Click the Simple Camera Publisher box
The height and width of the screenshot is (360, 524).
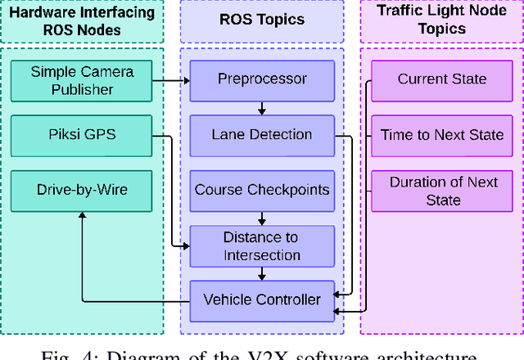pos(82,80)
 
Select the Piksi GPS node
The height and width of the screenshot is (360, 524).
pos(82,135)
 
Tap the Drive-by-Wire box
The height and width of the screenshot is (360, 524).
pos(82,190)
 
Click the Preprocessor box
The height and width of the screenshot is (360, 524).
pos(262,79)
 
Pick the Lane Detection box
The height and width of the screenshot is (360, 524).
pos(262,134)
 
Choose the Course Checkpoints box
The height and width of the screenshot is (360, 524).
pos(262,190)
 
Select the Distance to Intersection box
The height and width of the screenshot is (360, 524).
pos(262,245)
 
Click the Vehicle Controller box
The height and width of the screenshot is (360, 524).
pos(262,299)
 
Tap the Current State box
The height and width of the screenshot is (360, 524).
pos(442,79)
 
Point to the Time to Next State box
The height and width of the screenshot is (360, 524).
pos(442,135)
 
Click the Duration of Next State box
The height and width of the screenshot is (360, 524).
pos(442,191)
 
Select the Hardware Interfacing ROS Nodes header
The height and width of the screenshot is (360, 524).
pos(82,21)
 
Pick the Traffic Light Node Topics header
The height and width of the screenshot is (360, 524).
pos(442,21)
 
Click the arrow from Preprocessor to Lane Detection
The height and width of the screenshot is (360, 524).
pos(262,107)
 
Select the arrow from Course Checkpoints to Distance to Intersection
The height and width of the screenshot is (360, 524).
pos(262,218)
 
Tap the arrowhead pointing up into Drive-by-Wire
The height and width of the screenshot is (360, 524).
pos(82,215)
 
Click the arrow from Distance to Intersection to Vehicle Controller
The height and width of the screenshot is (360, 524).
pos(262,273)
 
